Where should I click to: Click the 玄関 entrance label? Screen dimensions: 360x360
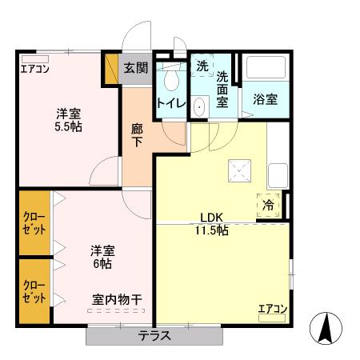135,68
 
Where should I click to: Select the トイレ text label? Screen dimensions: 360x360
171,103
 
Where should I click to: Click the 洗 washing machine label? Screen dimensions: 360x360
202,67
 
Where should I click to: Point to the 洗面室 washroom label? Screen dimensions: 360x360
222,89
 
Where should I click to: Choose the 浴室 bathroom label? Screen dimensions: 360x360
265,99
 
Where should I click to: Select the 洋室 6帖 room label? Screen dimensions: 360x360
101,256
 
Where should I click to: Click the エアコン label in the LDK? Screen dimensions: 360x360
273,309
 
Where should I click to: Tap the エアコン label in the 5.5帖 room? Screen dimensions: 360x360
35,68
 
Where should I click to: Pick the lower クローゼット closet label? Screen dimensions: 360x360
34,291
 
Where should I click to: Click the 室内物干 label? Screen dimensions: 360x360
117,300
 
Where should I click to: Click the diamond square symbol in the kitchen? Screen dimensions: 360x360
239,169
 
